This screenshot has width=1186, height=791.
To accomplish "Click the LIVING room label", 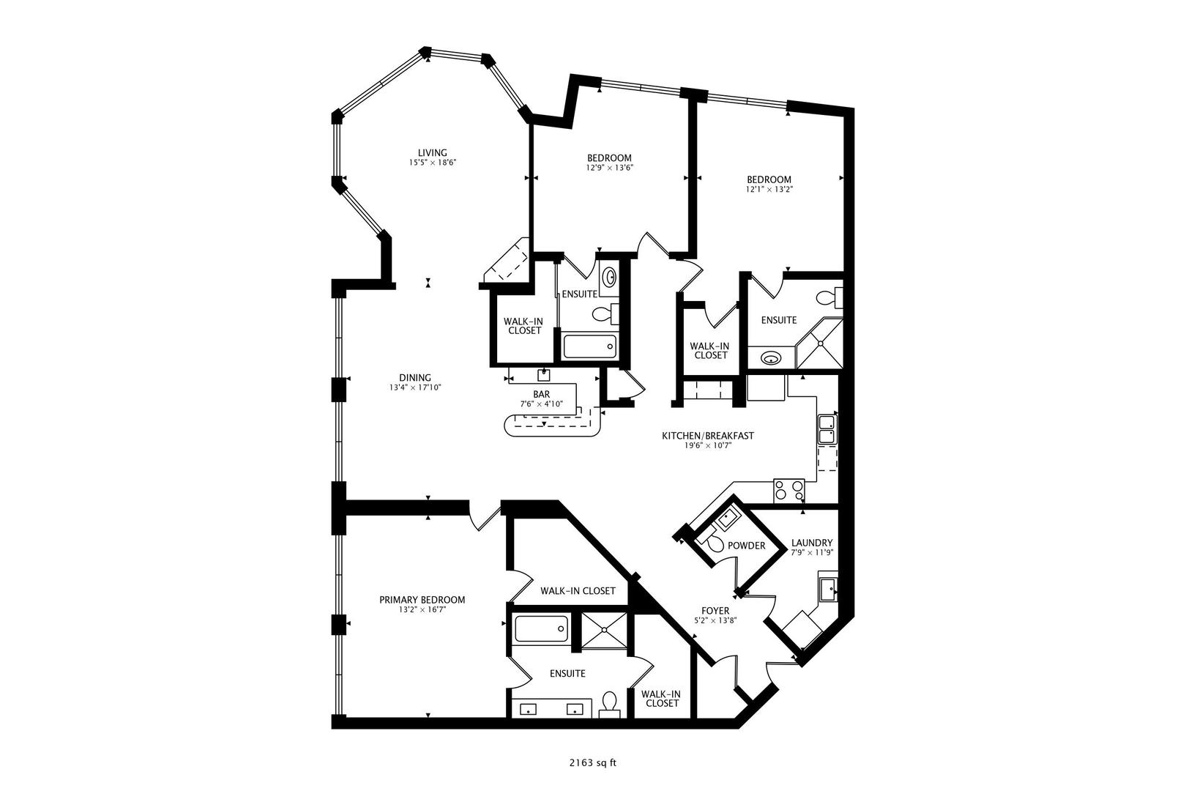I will pyautogui.click(x=438, y=153).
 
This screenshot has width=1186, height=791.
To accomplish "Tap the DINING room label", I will pyautogui.click(x=415, y=378).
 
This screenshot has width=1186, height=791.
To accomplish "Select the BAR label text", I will pyautogui.click(x=541, y=394).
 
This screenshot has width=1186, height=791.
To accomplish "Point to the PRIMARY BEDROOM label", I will pyautogui.click(x=422, y=600).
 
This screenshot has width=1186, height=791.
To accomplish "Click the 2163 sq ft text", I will pyautogui.click(x=592, y=762).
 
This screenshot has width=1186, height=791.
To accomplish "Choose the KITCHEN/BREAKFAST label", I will pyautogui.click(x=707, y=436).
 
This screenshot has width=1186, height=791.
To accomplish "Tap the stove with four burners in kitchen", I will pyautogui.click(x=789, y=489).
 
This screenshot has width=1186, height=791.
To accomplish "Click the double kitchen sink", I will pyautogui.click(x=827, y=429).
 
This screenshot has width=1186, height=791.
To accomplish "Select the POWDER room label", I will pyautogui.click(x=747, y=546).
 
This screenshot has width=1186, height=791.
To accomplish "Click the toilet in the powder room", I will pyautogui.click(x=711, y=543).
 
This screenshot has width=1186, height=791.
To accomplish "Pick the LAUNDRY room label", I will pyautogui.click(x=811, y=543).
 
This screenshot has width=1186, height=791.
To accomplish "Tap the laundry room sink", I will pyautogui.click(x=828, y=589).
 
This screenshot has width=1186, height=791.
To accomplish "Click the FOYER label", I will pyautogui.click(x=715, y=610).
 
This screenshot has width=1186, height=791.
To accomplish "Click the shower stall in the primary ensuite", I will pyautogui.click(x=604, y=629).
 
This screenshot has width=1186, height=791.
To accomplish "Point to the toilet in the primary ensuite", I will pyautogui.click(x=609, y=704).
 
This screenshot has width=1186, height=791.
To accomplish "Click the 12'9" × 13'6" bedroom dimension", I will pyautogui.click(x=609, y=167).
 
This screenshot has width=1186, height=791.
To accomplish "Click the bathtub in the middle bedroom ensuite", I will pyautogui.click(x=589, y=346).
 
